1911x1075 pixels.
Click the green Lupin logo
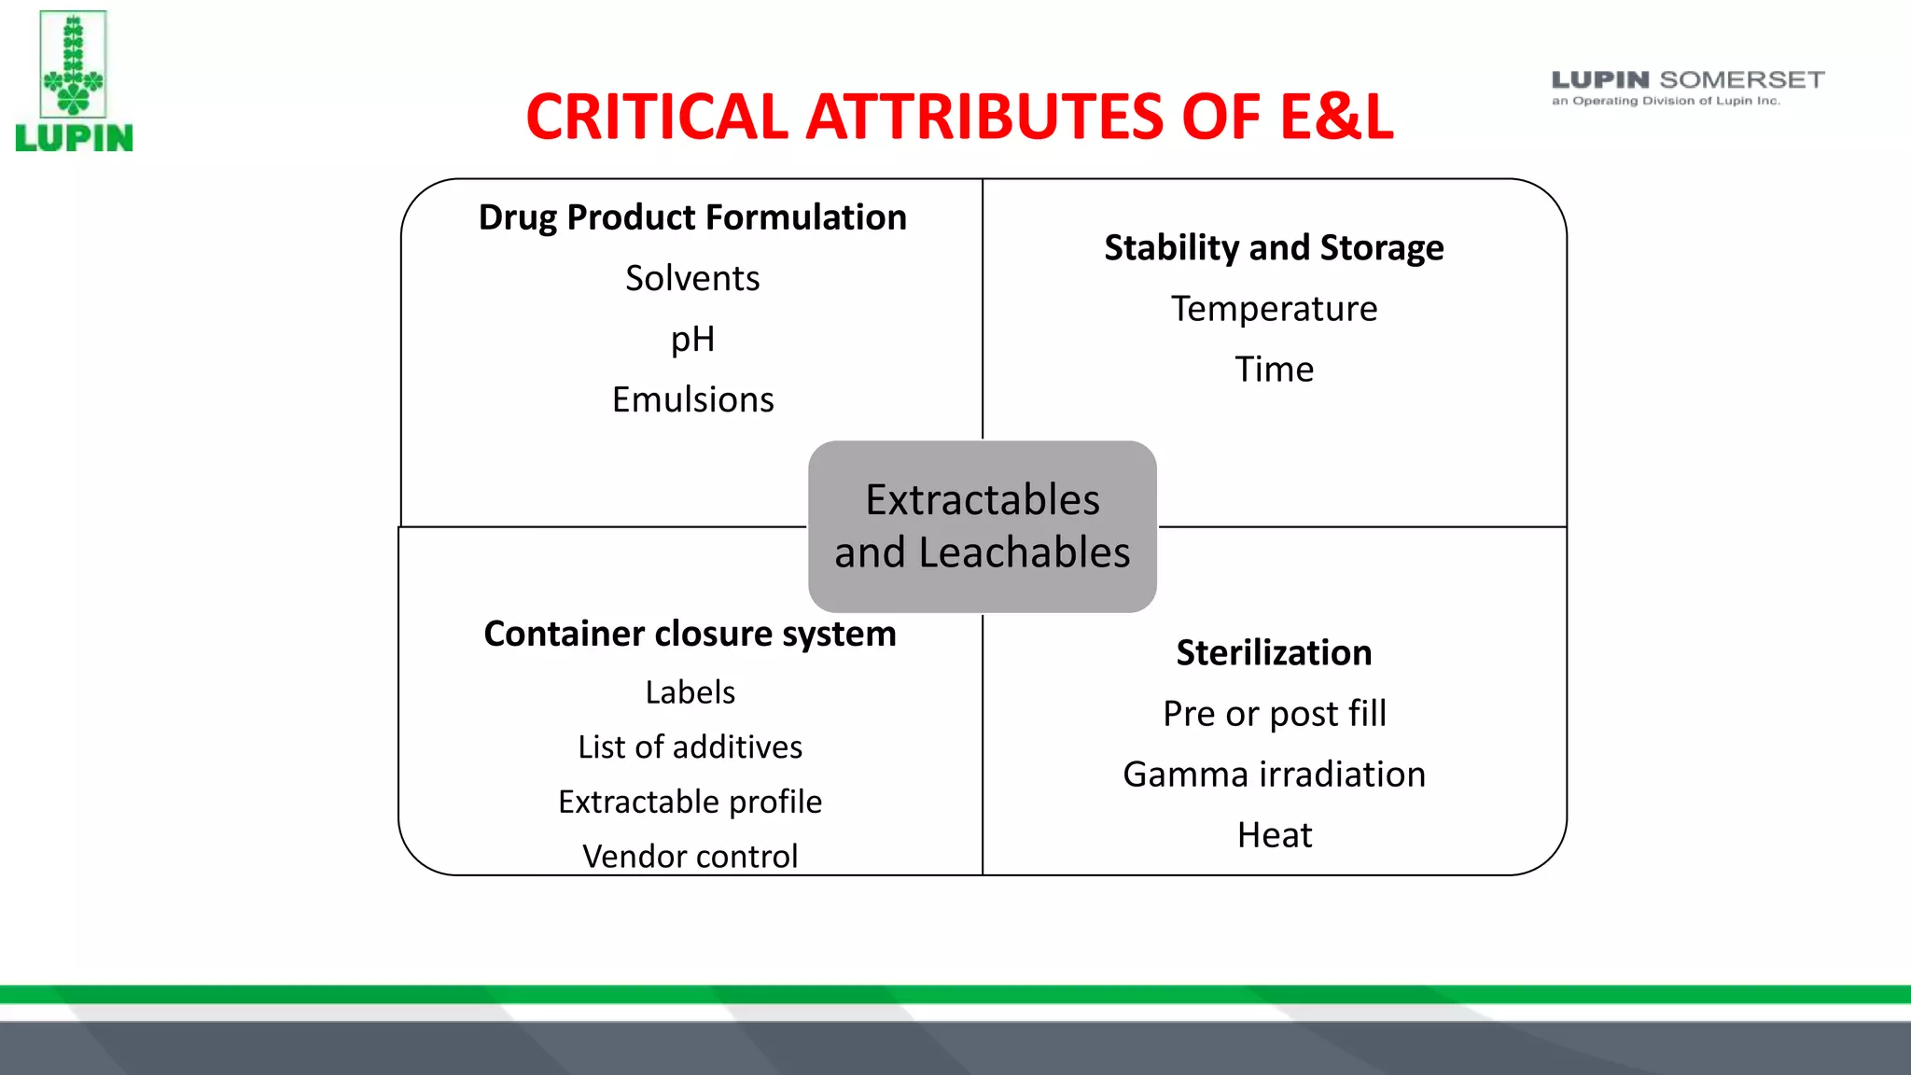pos(74,81)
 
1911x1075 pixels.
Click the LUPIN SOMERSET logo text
pos(1687,81)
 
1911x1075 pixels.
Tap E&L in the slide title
pos(1336,118)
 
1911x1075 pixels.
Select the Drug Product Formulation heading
pos(692,217)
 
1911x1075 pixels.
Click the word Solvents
pos(692,278)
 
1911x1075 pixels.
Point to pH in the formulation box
pos(692,339)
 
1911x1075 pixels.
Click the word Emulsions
pos(692,399)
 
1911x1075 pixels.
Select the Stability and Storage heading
pos(1274,248)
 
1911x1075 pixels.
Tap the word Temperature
pos(1274,309)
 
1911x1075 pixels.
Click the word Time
pos(1274,370)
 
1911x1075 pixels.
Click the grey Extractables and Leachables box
pos(982,526)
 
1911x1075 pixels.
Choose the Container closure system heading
pos(690,634)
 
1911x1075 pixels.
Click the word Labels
pos(690,692)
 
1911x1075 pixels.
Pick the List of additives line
pos(690,747)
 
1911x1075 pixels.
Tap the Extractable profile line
pos(690,802)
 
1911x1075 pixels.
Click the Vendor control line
pos(690,856)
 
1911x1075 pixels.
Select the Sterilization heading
pos(1274,652)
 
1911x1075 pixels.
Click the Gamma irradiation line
pos(1274,775)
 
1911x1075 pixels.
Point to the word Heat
pos(1274,835)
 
